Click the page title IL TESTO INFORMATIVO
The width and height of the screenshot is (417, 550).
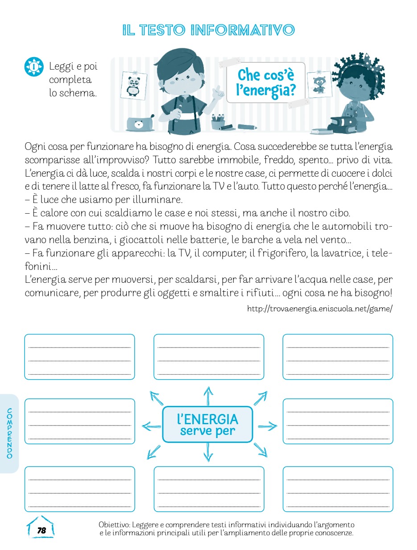coord(209,30)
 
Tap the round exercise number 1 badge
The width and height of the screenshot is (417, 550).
coord(33,67)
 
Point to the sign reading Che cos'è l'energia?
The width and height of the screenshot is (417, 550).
coord(266,83)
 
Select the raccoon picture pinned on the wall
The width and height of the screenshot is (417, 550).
coord(319,84)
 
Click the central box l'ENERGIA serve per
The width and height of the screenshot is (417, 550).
coord(208,424)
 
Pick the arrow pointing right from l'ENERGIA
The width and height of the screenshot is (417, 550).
coord(267,426)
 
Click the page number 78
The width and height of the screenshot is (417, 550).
coord(41,530)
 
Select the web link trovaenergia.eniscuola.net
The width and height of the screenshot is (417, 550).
coord(319,309)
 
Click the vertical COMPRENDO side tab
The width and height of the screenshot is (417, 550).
coord(10,433)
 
